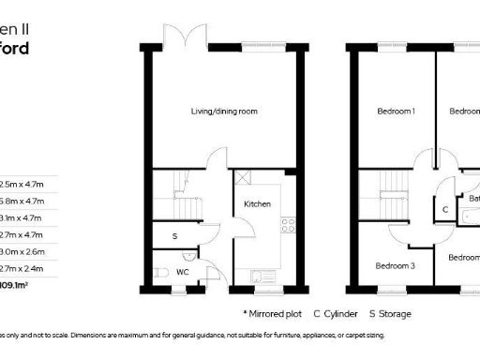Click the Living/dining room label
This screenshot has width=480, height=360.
(224, 112)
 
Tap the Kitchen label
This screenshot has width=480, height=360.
(257, 203)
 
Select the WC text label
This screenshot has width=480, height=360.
(184, 272)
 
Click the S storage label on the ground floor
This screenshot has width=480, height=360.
(174, 236)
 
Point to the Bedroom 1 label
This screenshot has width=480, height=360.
(396, 112)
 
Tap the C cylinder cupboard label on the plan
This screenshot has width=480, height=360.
(444, 209)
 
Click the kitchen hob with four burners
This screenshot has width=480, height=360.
(288, 224)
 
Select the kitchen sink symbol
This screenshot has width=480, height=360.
(258, 276)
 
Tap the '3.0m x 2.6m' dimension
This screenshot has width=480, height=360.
(21, 251)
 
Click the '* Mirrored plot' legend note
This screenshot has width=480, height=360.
(271, 313)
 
